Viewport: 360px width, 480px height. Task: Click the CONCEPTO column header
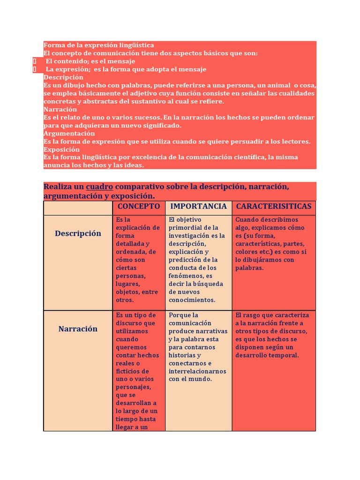(139, 206)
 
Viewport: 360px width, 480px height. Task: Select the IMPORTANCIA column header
(198, 206)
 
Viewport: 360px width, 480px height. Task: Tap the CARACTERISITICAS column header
(274, 206)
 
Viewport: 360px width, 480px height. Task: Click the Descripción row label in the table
(78, 233)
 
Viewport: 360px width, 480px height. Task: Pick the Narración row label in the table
(78, 329)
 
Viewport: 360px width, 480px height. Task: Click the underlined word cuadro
(99, 187)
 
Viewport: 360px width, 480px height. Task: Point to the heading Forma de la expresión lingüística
(99, 45)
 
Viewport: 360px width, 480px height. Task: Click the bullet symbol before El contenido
(35, 61)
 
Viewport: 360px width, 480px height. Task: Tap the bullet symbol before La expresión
(35, 69)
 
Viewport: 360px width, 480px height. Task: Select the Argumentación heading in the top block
(69, 133)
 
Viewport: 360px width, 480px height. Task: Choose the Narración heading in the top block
(60, 109)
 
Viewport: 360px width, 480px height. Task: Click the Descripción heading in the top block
(63, 77)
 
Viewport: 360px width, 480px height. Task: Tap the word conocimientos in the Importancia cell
(192, 300)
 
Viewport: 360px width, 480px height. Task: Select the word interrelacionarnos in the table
(197, 371)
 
